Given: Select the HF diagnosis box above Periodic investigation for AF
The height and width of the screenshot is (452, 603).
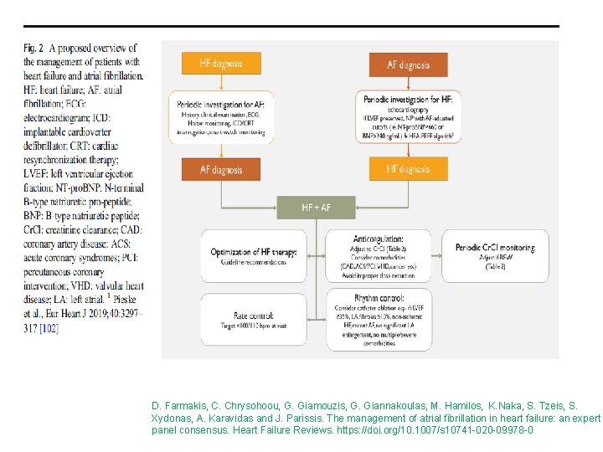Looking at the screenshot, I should (221, 64).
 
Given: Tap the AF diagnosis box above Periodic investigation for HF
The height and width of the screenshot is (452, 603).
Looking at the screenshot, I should (408, 64).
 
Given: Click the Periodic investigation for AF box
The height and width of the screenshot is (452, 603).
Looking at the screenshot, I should (221, 116).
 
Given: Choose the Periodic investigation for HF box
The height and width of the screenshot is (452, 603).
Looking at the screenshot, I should (408, 116).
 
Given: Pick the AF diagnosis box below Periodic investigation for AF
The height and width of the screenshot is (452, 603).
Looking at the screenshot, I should (221, 169).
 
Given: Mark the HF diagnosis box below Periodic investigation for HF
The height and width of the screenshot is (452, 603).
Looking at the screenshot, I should (408, 169).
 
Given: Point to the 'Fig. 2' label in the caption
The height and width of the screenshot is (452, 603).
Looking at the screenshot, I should (35, 49).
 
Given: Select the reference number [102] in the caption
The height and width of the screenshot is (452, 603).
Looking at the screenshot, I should (49, 306).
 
